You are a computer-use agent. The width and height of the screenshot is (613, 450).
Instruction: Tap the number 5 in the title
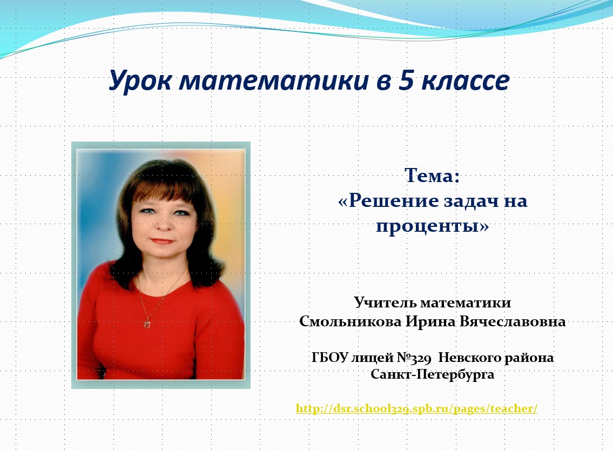point(406,80)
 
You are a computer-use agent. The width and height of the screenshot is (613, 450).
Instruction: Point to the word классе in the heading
point(465,80)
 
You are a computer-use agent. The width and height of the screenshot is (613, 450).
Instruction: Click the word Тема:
point(432,175)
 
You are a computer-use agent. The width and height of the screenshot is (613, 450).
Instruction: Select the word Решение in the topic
point(394,200)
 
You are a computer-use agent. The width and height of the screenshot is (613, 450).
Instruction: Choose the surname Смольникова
point(351,321)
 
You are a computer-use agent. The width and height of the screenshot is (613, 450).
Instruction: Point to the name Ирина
point(430,321)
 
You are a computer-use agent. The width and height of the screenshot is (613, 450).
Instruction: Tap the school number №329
point(414,358)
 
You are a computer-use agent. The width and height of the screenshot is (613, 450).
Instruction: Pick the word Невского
point(469,357)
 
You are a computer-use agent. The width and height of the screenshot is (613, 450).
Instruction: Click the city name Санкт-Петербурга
point(433,374)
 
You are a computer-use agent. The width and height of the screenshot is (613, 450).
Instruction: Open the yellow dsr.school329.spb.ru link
point(417,408)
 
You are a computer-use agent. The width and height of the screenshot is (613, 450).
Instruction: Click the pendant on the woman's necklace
point(147,324)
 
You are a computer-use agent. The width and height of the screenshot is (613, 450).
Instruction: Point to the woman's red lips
point(162,241)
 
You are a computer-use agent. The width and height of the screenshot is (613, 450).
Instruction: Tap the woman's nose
point(165,224)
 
